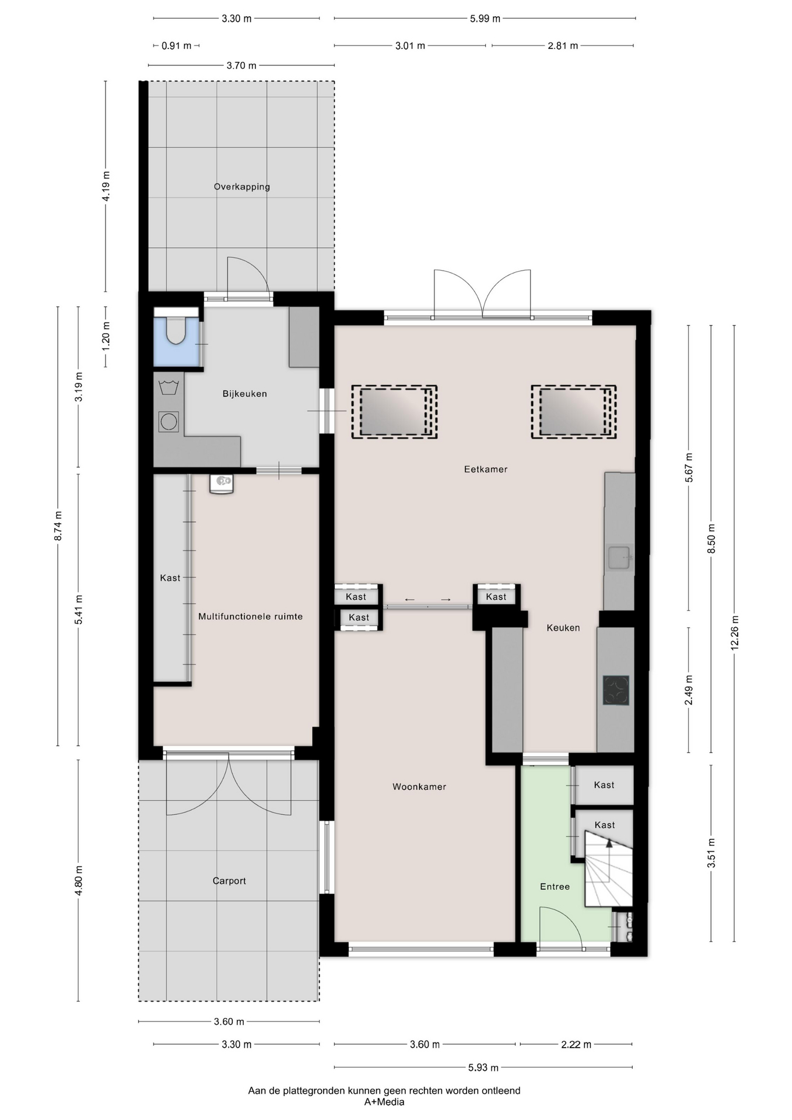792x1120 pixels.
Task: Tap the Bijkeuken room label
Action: (x=245, y=394)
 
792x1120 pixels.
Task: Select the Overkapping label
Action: (x=242, y=187)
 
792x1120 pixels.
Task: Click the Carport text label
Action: (x=229, y=881)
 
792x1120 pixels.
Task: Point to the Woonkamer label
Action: (x=419, y=787)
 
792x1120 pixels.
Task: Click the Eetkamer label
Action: (x=486, y=469)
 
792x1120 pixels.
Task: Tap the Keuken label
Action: (x=563, y=628)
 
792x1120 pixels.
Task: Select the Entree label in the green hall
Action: (x=555, y=887)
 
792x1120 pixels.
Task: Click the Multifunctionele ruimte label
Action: (x=250, y=617)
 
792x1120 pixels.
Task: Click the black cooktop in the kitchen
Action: (x=616, y=691)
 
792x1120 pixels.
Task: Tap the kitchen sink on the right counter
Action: (x=619, y=557)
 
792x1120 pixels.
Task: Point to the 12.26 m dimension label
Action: (x=735, y=633)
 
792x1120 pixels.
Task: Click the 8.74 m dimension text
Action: (x=58, y=526)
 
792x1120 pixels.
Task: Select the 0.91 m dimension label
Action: (x=177, y=45)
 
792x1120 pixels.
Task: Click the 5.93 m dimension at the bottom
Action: (x=483, y=1067)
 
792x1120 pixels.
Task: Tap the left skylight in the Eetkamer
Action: (x=394, y=412)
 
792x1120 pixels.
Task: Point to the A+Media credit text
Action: (x=384, y=1102)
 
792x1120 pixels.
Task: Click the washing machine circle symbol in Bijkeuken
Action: (x=169, y=421)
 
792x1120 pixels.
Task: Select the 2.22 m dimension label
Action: (x=576, y=1044)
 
